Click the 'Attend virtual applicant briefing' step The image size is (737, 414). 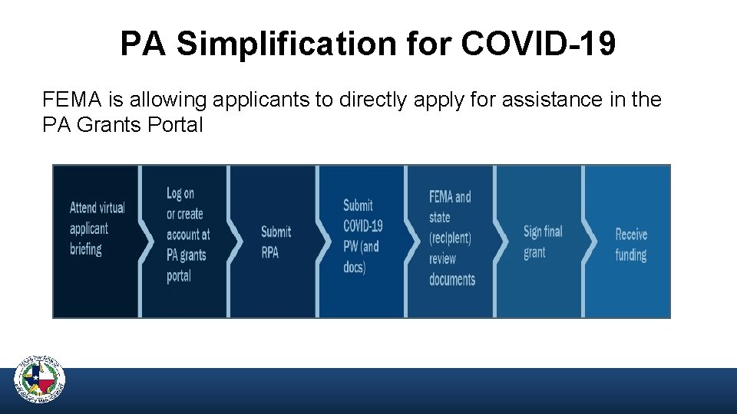point(97,228)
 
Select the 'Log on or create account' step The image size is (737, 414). point(187,235)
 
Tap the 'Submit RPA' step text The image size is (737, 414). point(276,242)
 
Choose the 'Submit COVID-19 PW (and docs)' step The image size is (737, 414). point(362,236)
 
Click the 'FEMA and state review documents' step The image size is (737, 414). point(451,238)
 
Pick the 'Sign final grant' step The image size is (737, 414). point(542,242)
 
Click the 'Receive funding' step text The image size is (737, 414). point(631,245)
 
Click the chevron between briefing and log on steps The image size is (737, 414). point(144,230)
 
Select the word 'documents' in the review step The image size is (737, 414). point(452,280)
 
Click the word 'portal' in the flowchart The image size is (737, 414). point(179,276)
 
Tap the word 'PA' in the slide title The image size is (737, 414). point(144,44)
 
